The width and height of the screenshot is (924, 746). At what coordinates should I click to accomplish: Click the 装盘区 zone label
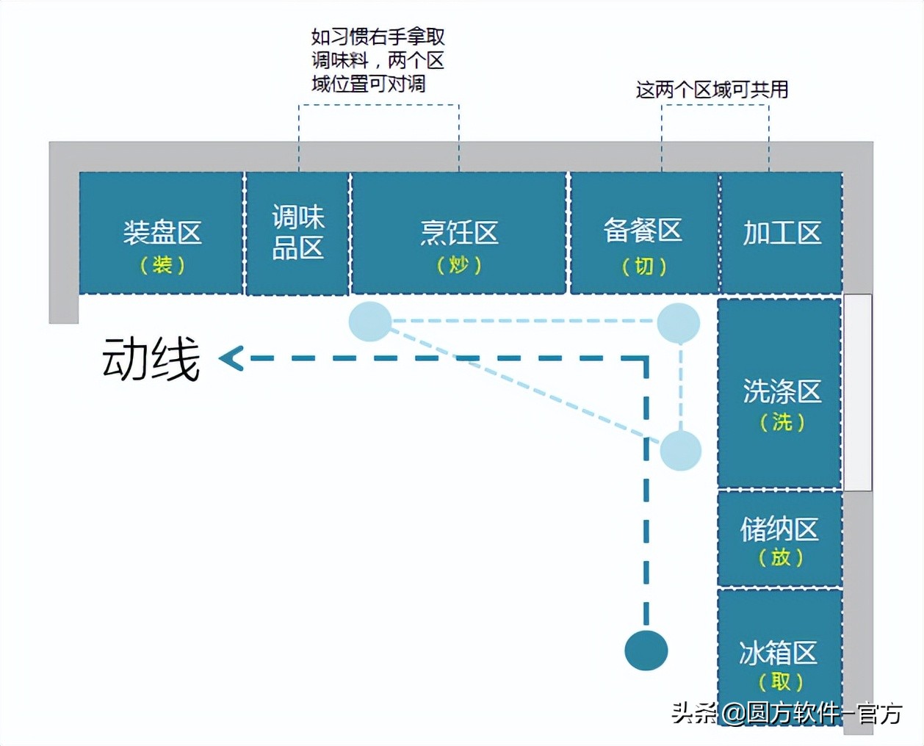tap(162, 233)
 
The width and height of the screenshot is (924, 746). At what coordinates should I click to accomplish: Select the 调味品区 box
tap(297, 233)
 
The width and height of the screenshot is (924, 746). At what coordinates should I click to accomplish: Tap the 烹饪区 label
tap(459, 233)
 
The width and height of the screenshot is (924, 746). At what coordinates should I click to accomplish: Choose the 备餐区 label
tap(643, 231)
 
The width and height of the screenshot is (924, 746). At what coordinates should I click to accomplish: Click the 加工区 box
tap(782, 233)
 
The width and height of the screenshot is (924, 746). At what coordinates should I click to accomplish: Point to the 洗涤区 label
tap(782, 391)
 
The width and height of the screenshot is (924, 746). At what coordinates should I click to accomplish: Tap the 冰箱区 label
tap(779, 652)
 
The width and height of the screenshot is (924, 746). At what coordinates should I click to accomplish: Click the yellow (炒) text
tap(459, 264)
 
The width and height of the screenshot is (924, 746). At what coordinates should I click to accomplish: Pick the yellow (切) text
tap(644, 266)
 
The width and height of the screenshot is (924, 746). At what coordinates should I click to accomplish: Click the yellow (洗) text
tap(782, 422)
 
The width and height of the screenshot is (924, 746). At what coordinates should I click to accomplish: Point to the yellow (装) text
tap(162, 264)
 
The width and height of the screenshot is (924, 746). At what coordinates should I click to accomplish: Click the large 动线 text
tap(151, 359)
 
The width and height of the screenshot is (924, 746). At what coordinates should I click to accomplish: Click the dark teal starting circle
tap(646, 650)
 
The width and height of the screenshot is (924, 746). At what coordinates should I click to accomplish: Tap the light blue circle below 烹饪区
tap(369, 322)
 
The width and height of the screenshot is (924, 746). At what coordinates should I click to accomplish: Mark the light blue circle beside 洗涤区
tap(681, 450)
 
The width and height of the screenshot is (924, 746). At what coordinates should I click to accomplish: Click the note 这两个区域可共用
tap(712, 90)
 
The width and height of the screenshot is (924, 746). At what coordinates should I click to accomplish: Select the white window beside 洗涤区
tap(857, 392)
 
